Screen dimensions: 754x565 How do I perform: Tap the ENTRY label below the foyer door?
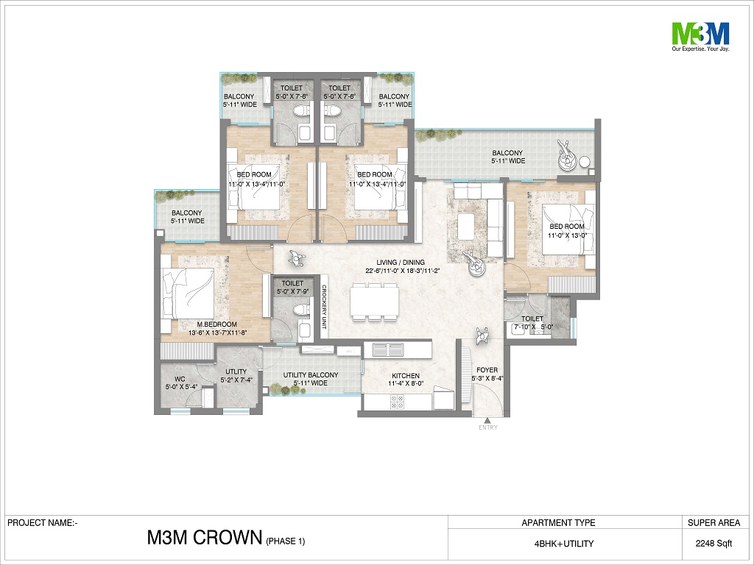pyautogui.click(x=488, y=427)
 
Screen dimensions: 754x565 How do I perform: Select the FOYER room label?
pyautogui.click(x=487, y=370)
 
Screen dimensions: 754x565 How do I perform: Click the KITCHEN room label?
pyautogui.click(x=406, y=376)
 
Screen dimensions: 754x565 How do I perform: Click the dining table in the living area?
pyautogui.click(x=375, y=300)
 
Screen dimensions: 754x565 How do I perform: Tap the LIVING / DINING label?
pyautogui.click(x=401, y=263)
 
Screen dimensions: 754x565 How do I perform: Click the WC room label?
pyautogui.click(x=180, y=379)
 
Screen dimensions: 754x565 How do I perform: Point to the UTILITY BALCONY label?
pyautogui.click(x=311, y=374)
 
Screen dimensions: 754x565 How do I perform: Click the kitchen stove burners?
pyautogui.click(x=397, y=402)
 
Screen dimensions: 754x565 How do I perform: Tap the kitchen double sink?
pyautogui.click(x=388, y=349)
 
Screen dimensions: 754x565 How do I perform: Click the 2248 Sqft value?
pyautogui.click(x=714, y=544)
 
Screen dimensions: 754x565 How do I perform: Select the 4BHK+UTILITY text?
pyautogui.click(x=564, y=544)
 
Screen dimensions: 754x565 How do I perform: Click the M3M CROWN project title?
pyautogui.click(x=205, y=538)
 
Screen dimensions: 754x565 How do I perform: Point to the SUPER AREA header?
pyautogui.click(x=714, y=523)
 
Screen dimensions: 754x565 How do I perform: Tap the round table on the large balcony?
pyautogui.click(x=585, y=161)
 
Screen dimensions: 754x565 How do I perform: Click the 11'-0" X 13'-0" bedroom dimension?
pyautogui.click(x=568, y=235)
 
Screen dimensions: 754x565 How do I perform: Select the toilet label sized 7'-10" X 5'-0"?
pyautogui.click(x=533, y=323)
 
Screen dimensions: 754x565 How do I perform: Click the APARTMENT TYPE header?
pyautogui.click(x=558, y=523)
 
